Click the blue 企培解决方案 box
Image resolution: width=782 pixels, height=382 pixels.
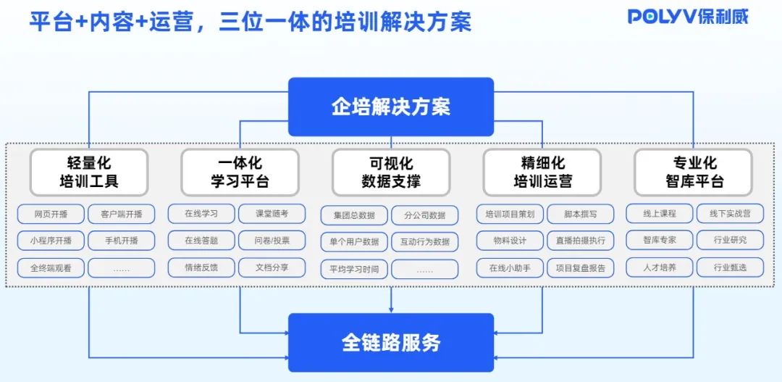point(391,107)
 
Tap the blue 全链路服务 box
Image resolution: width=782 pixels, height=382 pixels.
point(391,342)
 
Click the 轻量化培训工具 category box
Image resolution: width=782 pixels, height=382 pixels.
point(89,173)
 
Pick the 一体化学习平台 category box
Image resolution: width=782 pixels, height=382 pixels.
point(240,173)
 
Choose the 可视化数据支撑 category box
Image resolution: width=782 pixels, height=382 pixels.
point(391,173)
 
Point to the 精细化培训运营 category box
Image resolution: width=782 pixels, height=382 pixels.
point(542,173)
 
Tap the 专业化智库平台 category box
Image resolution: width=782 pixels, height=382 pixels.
point(694,173)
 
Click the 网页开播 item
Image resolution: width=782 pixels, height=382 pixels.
point(51,215)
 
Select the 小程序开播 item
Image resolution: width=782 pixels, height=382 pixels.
point(51,241)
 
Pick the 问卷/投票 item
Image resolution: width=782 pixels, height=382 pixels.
point(272,241)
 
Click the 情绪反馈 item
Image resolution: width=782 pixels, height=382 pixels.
point(201,267)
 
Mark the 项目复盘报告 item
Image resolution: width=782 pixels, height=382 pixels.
point(581,267)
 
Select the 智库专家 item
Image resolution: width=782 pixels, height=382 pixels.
point(660,240)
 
